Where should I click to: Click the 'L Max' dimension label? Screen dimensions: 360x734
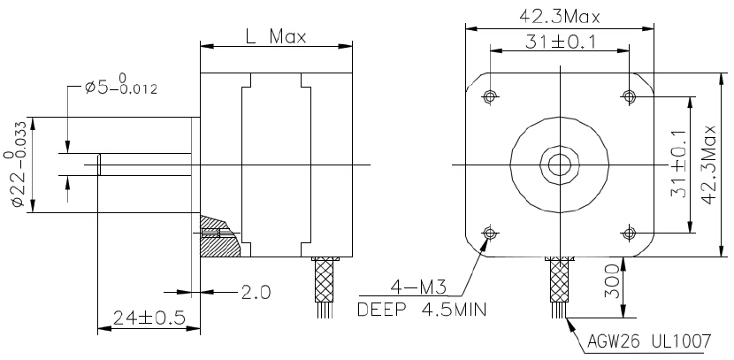[275, 36]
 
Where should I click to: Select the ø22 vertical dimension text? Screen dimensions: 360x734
[18, 165]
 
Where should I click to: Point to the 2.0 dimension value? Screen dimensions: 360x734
[256, 291]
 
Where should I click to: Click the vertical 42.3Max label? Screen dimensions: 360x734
[708, 165]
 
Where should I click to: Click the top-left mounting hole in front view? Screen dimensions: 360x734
[490, 96]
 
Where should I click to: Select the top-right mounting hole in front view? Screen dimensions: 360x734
[629, 96]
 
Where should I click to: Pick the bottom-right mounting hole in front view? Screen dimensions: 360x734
[629, 233]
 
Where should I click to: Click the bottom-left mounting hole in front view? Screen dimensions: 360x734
[490, 233]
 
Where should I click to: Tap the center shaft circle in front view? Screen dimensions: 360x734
[559, 165]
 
